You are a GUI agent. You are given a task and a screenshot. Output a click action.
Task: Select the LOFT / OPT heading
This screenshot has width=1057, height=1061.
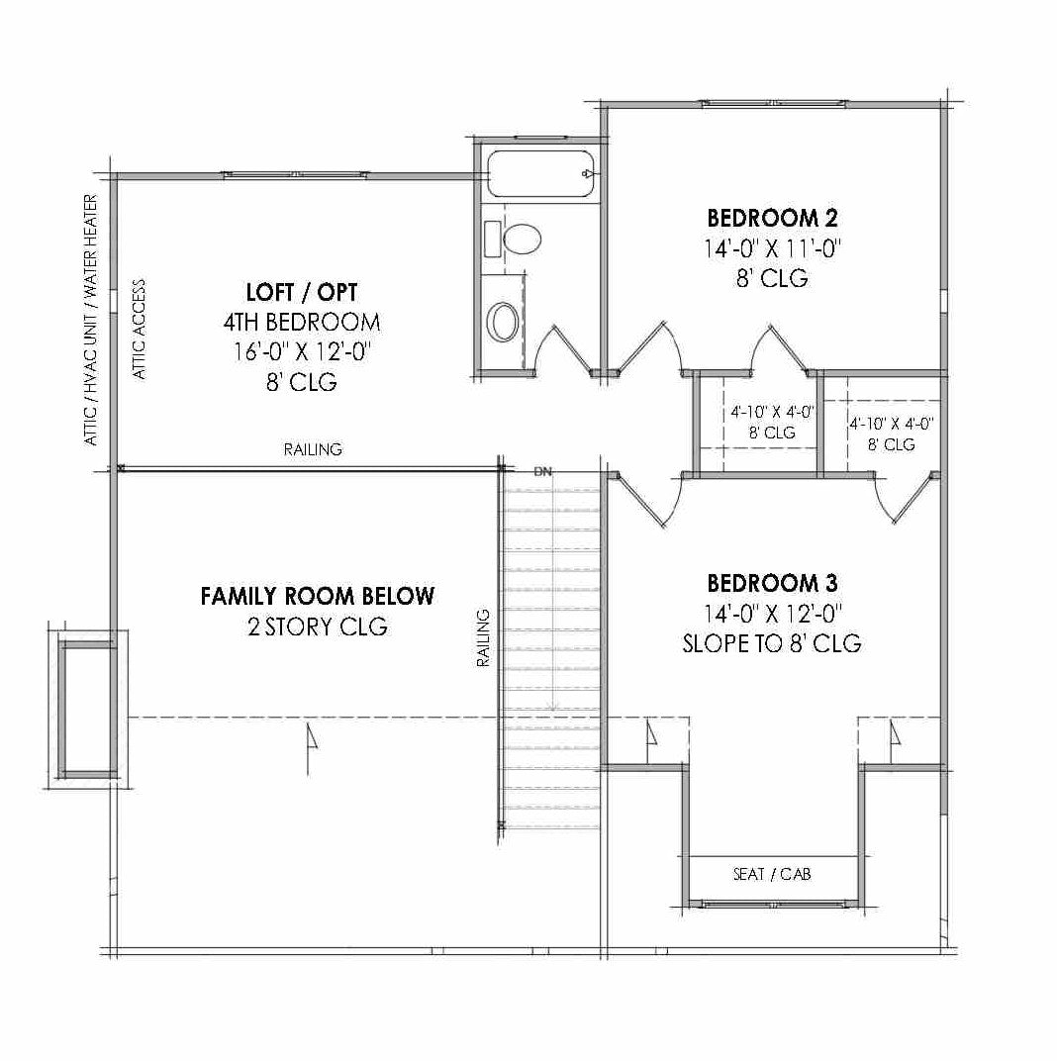click(x=301, y=292)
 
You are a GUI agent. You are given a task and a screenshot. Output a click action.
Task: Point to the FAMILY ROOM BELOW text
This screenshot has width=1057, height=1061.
click(x=317, y=596)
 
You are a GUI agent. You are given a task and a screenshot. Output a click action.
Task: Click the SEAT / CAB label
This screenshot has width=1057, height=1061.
click(x=772, y=875)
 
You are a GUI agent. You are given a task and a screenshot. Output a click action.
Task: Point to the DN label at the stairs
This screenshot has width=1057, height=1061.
click(x=542, y=471)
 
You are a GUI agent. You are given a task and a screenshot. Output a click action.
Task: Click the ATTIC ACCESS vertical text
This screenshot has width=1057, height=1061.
click(x=140, y=330)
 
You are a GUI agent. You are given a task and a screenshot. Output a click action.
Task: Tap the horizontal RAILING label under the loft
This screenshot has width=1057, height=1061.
click(x=313, y=449)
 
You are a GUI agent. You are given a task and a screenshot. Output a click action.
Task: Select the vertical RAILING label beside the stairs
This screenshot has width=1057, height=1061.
click(x=484, y=638)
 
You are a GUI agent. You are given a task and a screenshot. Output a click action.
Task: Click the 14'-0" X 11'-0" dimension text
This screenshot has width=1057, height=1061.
click(x=772, y=248)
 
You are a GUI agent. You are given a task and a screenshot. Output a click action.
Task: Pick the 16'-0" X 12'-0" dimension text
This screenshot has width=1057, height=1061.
click(x=301, y=351)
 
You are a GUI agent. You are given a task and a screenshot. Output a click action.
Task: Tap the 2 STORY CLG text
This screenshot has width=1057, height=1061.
click(x=317, y=627)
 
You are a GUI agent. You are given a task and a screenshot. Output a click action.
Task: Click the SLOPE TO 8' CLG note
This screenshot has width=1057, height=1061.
click(x=772, y=643)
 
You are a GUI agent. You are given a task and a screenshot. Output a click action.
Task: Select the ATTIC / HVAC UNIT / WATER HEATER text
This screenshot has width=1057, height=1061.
click(x=91, y=319)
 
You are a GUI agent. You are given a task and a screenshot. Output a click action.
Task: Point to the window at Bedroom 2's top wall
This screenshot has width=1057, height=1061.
click(x=772, y=102)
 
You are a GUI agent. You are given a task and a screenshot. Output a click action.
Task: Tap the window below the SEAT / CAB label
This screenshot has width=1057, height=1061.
click(x=772, y=904)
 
